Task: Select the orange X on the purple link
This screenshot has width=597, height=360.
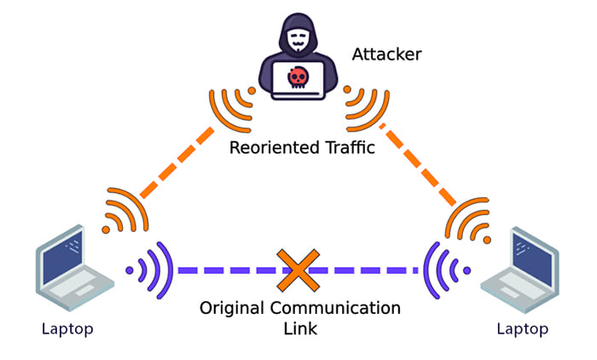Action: click(297, 269)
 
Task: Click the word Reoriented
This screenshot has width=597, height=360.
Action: click(271, 148)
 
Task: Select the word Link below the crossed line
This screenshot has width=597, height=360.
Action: click(298, 328)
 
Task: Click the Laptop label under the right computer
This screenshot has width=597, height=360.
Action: click(525, 328)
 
